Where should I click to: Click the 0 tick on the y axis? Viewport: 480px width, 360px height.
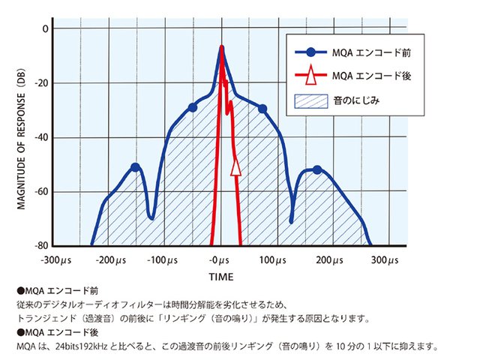pos(44,28)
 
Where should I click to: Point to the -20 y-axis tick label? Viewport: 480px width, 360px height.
pos(40,83)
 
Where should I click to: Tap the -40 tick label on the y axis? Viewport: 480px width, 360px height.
pos(40,137)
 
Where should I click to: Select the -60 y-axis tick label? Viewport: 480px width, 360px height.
pos(40,192)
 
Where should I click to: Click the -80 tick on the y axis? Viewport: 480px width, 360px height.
pos(40,246)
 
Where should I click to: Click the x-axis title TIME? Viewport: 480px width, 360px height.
pos(220,277)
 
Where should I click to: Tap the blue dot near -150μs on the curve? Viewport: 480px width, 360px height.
pos(135,167)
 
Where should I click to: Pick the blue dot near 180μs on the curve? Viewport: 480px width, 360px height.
pos(317,170)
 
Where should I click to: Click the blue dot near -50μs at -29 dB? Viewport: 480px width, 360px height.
pos(193,108)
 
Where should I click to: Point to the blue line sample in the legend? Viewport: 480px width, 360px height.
pos(310,52)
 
